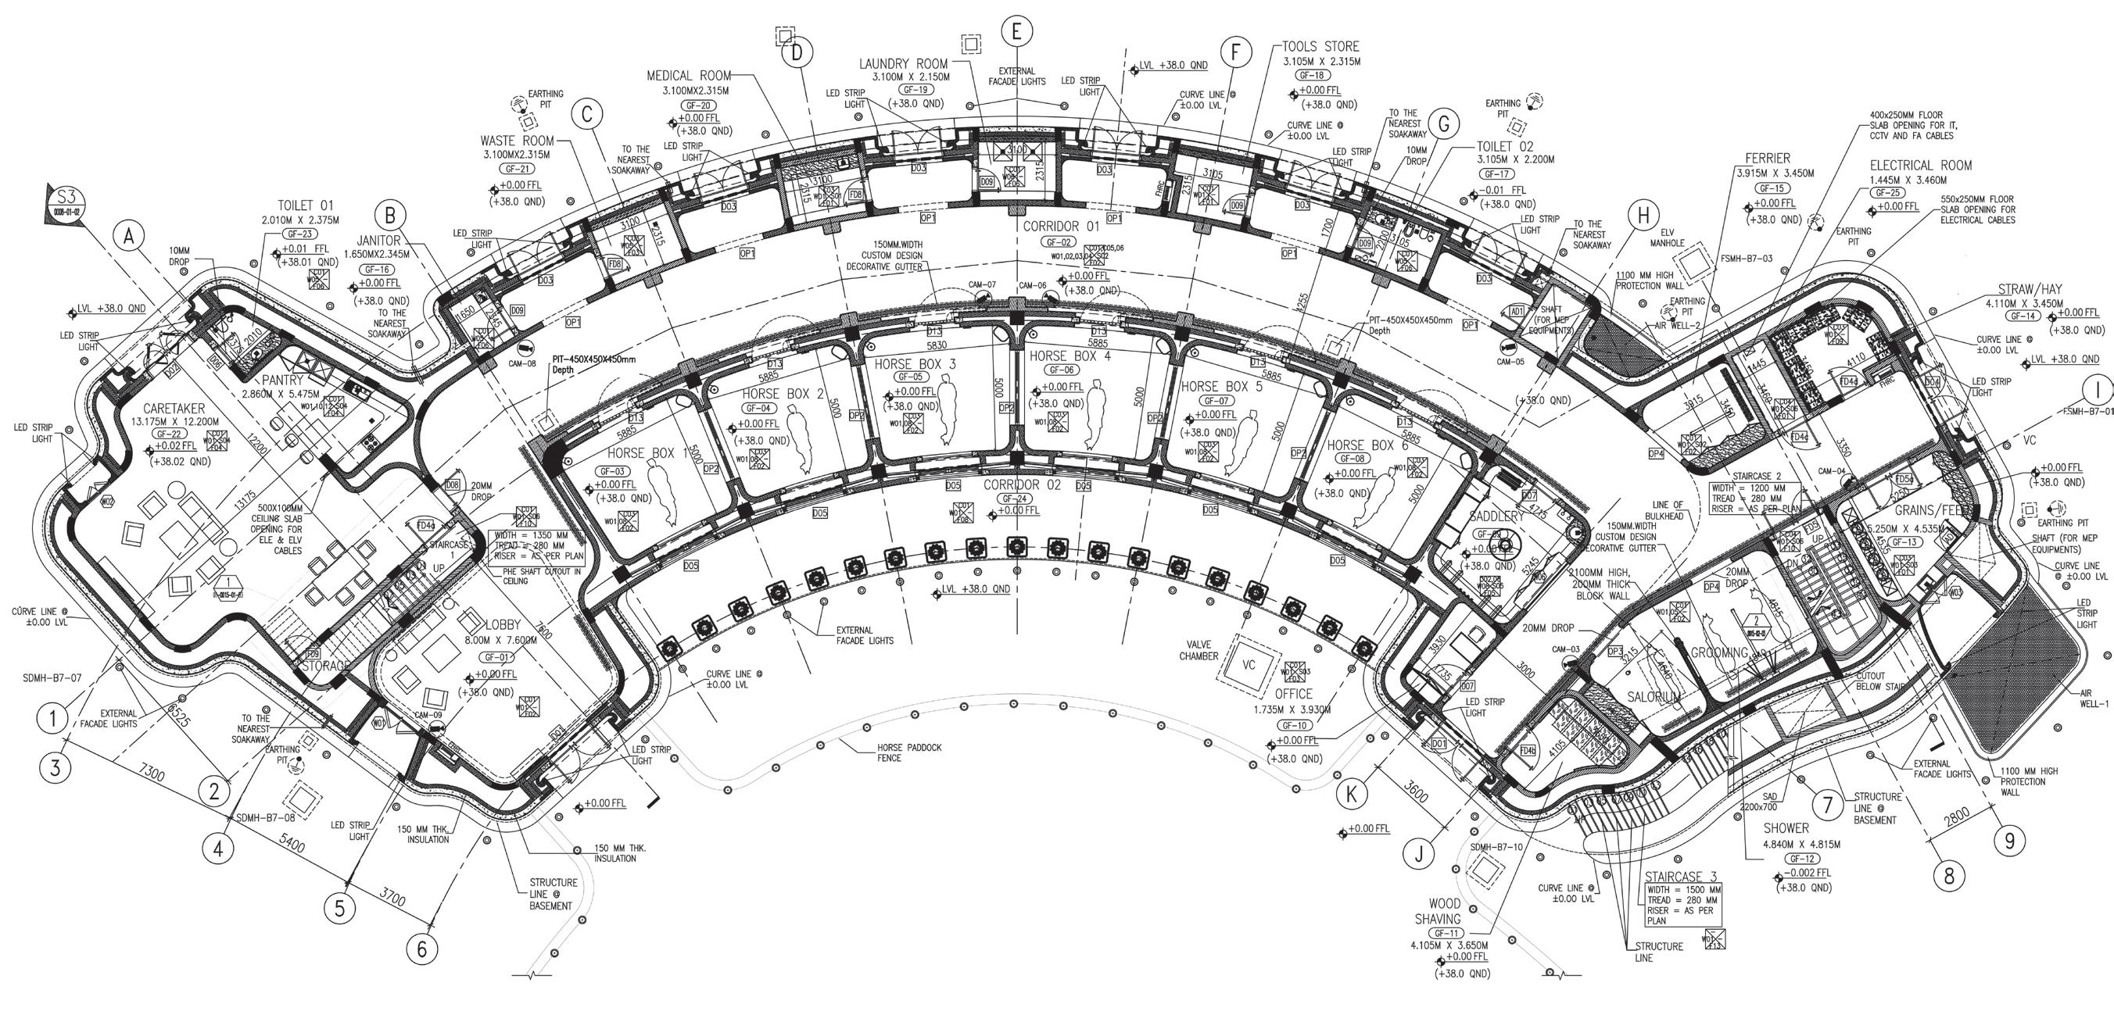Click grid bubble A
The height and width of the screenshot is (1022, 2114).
pyautogui.click(x=127, y=236)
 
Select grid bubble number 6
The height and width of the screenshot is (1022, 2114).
pyautogui.click(x=422, y=949)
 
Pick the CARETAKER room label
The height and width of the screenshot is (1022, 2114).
pyautogui.click(x=173, y=409)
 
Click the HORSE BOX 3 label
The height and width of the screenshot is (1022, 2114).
pyautogui.click(x=915, y=363)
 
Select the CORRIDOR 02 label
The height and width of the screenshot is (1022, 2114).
pyautogui.click(x=1022, y=484)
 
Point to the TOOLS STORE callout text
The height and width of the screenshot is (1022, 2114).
pyautogui.click(x=1320, y=47)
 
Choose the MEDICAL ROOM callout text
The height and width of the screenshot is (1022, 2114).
pyautogui.click(x=689, y=76)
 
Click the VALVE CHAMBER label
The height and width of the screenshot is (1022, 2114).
pyautogui.click(x=1199, y=650)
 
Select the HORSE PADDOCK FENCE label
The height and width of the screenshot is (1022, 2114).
pyautogui.click(x=909, y=752)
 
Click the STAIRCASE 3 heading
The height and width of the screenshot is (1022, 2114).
pyautogui.click(x=1681, y=877)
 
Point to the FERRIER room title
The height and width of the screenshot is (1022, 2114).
pyautogui.click(x=1768, y=158)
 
